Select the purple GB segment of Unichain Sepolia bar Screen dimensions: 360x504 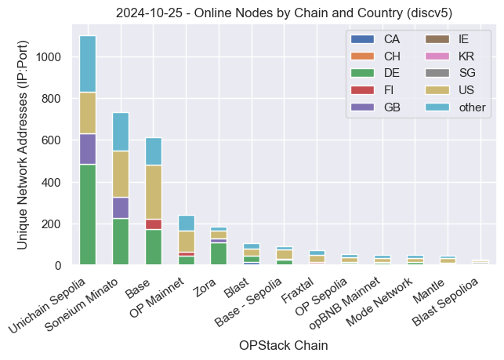88,149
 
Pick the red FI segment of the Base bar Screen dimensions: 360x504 153,224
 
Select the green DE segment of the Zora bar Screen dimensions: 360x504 218,253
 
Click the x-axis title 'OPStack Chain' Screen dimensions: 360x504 284,345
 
